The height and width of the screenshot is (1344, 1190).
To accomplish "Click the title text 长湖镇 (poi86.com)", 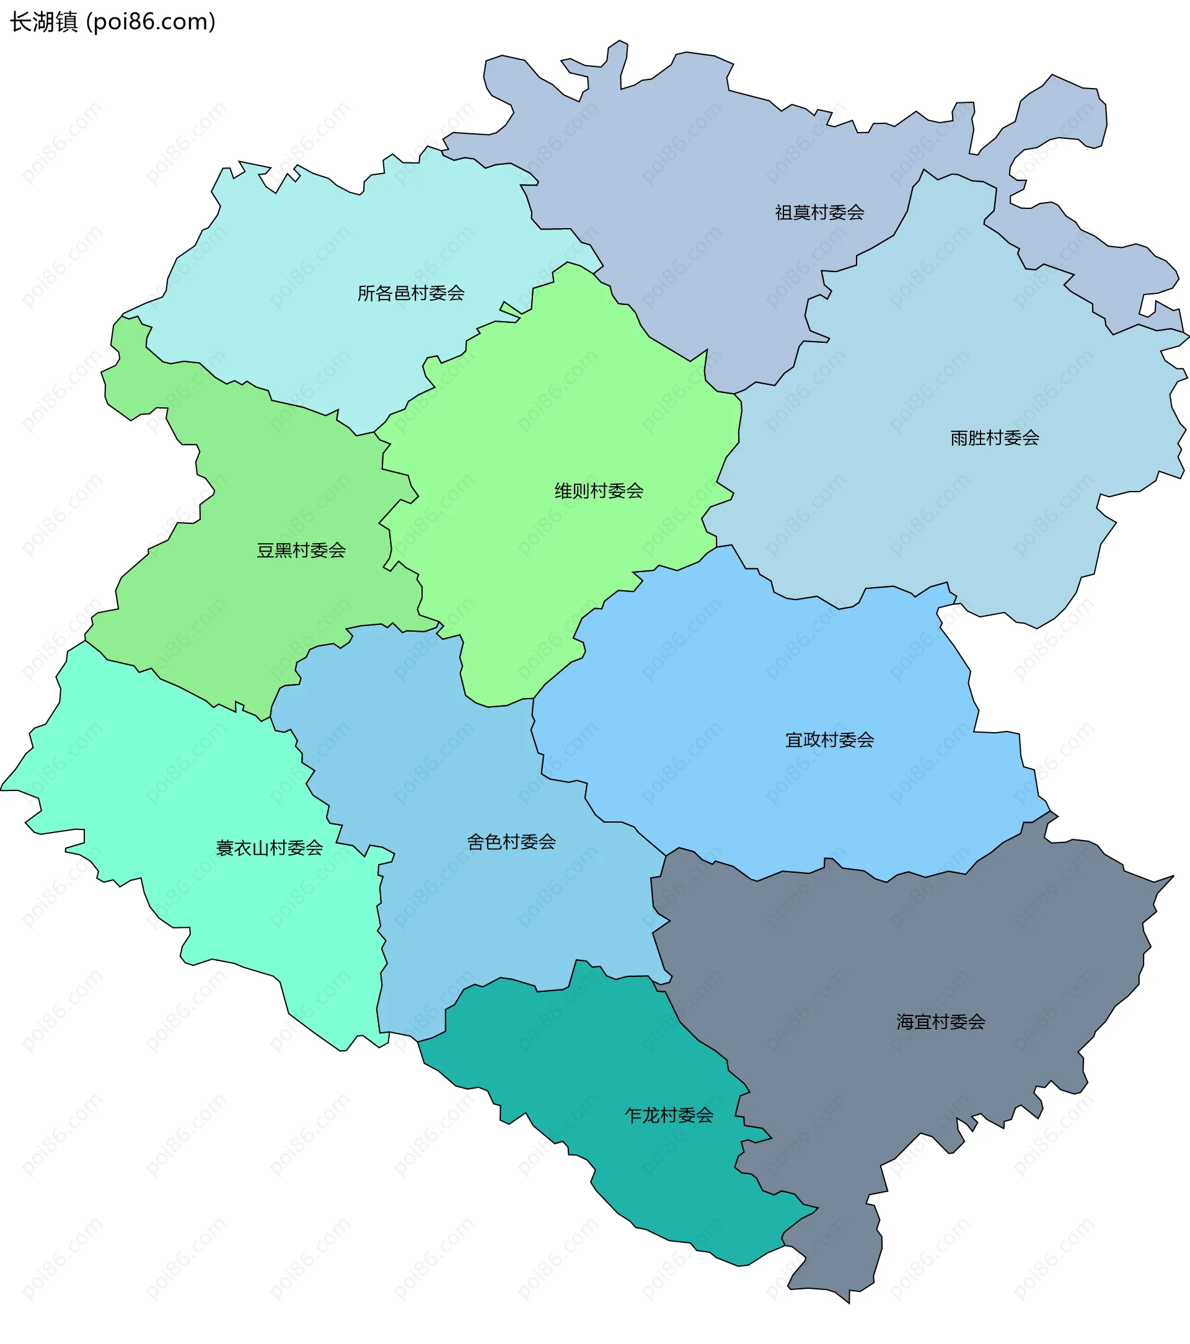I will pyautogui.click(x=112, y=22).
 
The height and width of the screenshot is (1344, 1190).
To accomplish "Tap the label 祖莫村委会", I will pyautogui.click(x=819, y=213).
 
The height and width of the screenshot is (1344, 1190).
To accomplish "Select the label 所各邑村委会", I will pyautogui.click(x=411, y=293).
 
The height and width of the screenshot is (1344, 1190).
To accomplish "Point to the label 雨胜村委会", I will pyautogui.click(x=994, y=438).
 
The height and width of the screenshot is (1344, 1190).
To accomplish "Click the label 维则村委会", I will pyautogui.click(x=598, y=490).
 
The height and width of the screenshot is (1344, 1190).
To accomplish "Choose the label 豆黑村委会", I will pyautogui.click(x=301, y=550).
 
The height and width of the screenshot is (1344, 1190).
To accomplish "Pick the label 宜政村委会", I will pyautogui.click(x=830, y=740).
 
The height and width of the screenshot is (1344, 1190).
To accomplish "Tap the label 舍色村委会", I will pyautogui.click(x=511, y=842).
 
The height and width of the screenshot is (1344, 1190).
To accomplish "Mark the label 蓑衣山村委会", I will pyautogui.click(x=270, y=848).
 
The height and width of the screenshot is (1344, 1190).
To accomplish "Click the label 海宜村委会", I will pyautogui.click(x=941, y=1022).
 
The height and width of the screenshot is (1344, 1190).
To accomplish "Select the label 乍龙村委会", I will pyautogui.click(x=669, y=1115).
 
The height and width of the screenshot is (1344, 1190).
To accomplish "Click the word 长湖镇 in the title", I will pyautogui.click(x=43, y=22).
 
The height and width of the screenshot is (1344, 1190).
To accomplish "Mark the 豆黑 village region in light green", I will pyautogui.click(x=263, y=625).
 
